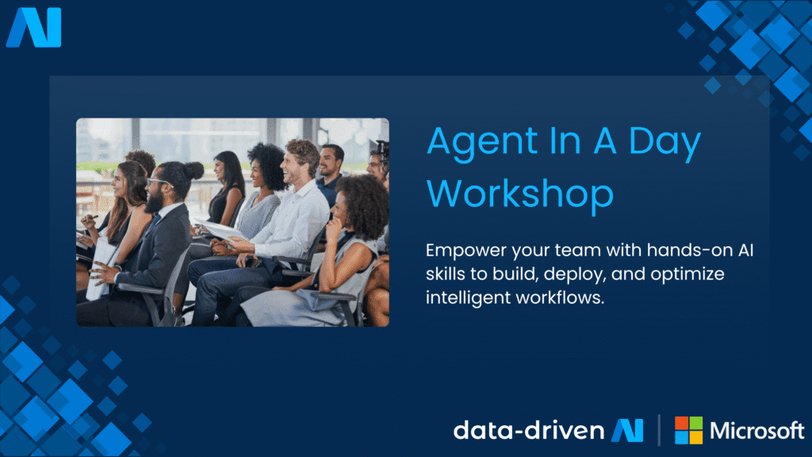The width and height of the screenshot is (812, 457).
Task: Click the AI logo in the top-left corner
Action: tap(33, 28)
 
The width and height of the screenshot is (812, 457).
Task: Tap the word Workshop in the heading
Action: tap(525, 194)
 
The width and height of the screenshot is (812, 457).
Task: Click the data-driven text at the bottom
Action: tap(529, 431)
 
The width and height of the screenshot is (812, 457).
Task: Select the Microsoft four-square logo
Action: tap(688, 431)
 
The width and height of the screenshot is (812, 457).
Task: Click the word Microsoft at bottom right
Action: tap(756, 431)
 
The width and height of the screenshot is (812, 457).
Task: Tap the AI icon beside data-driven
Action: tap(627, 431)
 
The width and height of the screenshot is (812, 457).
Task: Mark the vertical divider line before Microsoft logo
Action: tap(660, 431)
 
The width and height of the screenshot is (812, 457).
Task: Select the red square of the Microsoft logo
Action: tap(682, 424)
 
